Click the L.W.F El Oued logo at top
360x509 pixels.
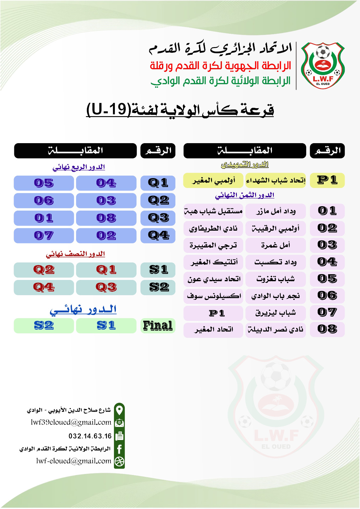click(323, 65)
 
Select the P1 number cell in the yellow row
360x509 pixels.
click(327, 180)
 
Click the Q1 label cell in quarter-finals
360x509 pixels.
click(158, 183)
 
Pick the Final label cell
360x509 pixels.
click(158, 326)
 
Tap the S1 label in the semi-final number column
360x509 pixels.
click(158, 270)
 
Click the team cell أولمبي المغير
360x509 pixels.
click(214, 180)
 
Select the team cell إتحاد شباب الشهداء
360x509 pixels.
click(276, 180)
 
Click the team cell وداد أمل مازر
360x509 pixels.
click(276, 211)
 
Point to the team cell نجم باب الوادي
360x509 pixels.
click(276, 296)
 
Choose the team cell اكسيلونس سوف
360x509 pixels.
click(214, 296)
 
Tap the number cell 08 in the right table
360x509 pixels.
click(327, 329)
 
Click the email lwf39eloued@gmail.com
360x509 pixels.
click(71, 422)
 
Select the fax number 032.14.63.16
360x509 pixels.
click(90, 436)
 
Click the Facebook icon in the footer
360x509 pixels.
click(119, 449)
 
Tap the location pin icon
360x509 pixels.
click(119, 410)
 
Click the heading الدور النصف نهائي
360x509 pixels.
click(75, 254)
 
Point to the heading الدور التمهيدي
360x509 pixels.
click(244, 164)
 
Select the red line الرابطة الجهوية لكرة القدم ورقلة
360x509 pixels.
click(221, 66)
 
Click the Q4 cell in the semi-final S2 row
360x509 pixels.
click(44, 287)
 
